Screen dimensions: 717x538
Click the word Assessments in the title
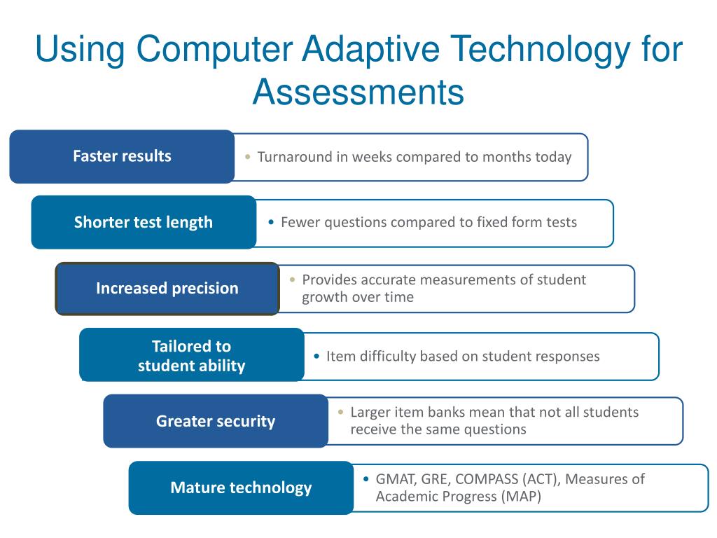[358, 92]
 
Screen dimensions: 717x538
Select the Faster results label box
[122, 156]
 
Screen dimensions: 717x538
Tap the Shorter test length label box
[144, 222]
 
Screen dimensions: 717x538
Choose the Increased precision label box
[167, 288]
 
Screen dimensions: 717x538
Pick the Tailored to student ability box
[191, 355]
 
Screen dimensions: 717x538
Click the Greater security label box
[216, 421]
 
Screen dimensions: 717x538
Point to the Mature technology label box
[241, 488]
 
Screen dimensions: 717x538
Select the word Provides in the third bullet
[329, 280]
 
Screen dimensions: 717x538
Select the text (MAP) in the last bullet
[521, 497]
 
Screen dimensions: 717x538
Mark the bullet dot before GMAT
[367, 480]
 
